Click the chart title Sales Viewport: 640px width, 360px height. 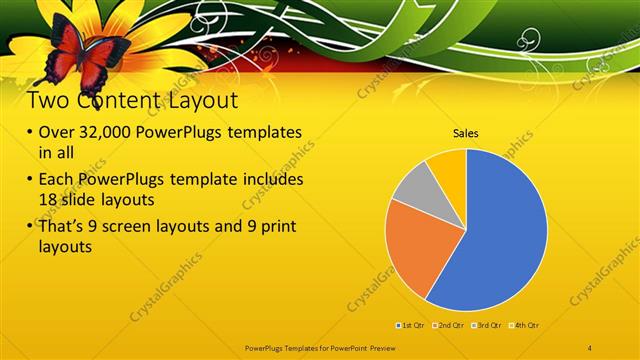(466, 132)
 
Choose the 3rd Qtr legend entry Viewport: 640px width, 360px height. (488, 325)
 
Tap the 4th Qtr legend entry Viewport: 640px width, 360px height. (526, 325)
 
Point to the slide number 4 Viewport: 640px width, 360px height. (590, 346)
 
